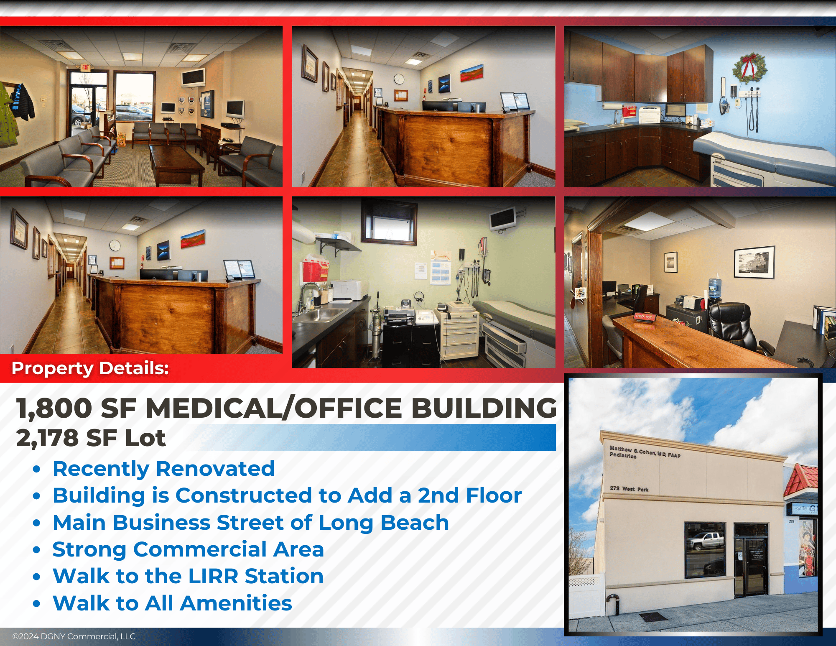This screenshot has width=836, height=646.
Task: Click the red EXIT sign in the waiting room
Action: [85, 67]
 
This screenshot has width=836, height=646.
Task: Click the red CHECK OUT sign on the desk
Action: [644, 317]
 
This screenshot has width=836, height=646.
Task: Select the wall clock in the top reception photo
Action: [399, 79]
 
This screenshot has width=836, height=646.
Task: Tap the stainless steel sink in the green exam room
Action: [319, 314]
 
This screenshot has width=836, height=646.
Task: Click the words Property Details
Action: [90, 368]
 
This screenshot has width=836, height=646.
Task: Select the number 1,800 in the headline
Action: [54, 408]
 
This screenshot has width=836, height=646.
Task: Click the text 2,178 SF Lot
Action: [91, 438]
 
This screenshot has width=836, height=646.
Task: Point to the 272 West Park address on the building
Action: [629, 488]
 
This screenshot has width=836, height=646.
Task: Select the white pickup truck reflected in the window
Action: [706, 541]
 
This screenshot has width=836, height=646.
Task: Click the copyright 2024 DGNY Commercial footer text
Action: [74, 636]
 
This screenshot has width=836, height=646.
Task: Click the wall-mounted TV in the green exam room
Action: [503, 218]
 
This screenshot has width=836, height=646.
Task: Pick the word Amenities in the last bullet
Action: [236, 603]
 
